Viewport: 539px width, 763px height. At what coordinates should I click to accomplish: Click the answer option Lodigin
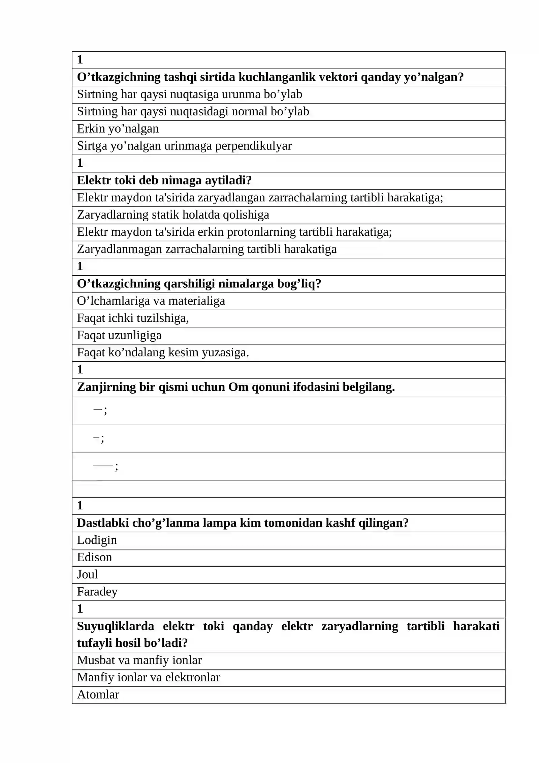pyautogui.click(x=97, y=540)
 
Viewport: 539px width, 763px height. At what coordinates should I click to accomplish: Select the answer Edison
pyautogui.click(x=94, y=557)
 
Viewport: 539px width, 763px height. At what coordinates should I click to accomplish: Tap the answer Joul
pyautogui.click(x=87, y=574)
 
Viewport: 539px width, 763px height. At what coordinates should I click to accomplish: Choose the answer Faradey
pyautogui.click(x=97, y=592)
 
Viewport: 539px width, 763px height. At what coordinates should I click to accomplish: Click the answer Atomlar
pyautogui.click(x=98, y=695)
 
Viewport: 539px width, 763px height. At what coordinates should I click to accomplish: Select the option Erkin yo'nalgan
pyautogui.click(x=118, y=129)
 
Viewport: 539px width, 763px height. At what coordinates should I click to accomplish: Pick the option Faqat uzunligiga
pyautogui.click(x=119, y=335)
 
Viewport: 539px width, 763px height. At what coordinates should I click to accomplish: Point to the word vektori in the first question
pyautogui.click(x=338, y=77)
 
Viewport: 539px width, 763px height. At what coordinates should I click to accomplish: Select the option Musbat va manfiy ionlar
pyautogui.click(x=139, y=660)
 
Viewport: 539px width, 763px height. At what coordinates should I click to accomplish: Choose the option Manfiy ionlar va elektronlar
pyautogui.click(x=148, y=677)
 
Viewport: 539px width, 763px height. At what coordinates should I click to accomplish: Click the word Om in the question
pyautogui.click(x=238, y=387)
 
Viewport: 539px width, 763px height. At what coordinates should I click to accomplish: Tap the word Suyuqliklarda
pyautogui.click(x=115, y=626)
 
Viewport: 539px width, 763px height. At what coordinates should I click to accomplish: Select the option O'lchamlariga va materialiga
pyautogui.click(x=151, y=301)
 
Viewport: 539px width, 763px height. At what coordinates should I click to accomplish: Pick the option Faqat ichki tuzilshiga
pyautogui.click(x=133, y=318)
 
